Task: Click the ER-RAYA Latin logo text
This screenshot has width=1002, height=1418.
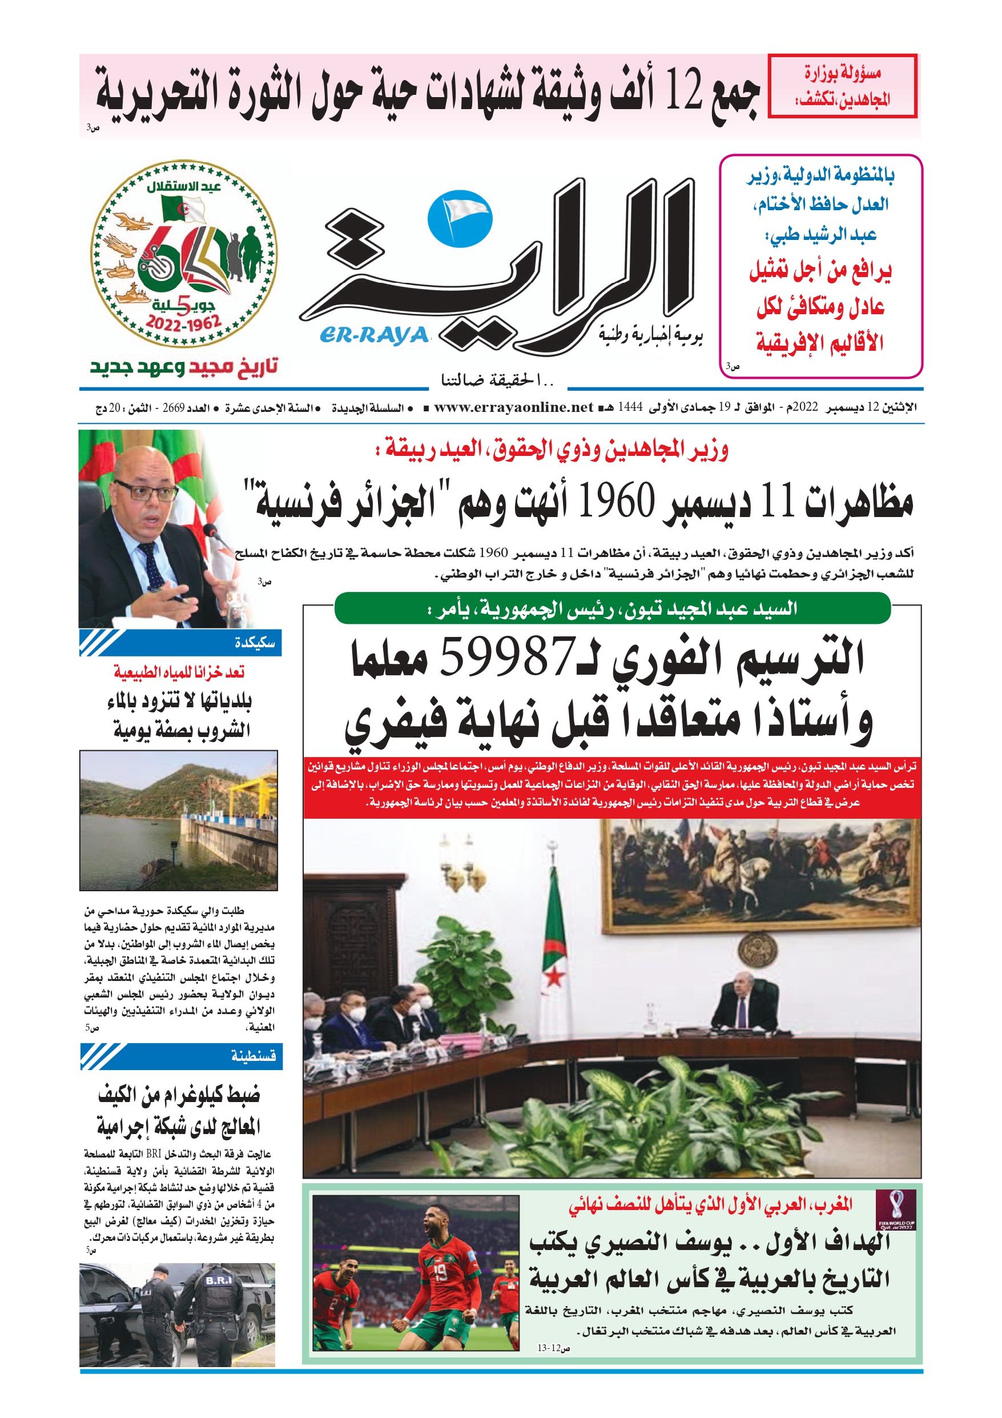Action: coord(374,335)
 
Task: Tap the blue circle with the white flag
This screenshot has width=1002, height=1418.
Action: coord(460,220)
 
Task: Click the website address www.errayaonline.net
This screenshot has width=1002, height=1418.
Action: coord(513,407)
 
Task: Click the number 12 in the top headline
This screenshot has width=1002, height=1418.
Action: coord(683,92)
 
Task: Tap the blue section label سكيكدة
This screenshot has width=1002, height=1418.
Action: coord(255,643)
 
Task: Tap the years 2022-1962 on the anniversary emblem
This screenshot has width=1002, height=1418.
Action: coord(183,323)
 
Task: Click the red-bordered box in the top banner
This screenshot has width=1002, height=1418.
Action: coord(842,86)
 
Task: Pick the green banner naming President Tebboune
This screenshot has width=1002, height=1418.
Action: coord(612,609)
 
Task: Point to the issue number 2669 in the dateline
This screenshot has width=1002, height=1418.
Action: coord(174,407)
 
